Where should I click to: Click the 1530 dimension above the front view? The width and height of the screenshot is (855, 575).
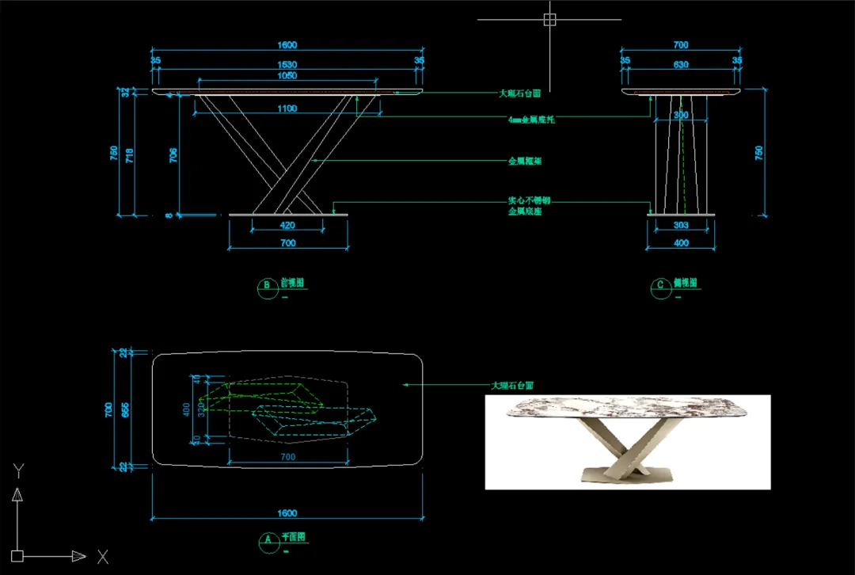pos(287,64)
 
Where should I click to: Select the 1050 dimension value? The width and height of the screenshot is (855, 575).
pos(287,76)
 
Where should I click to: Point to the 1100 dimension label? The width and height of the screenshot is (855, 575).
pos(287,109)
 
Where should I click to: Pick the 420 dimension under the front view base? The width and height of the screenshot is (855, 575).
pos(287,225)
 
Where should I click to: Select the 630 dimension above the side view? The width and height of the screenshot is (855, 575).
pos(681,64)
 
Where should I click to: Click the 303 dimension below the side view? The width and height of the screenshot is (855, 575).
pos(681,225)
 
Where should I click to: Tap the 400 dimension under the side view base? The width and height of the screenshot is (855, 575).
pos(681,243)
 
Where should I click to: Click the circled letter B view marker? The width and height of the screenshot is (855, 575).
pos(267,285)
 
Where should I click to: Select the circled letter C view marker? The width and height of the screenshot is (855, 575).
pos(659,285)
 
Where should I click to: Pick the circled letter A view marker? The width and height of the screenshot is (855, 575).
pos(267,540)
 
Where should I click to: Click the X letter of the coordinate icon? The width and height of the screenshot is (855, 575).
pos(103,557)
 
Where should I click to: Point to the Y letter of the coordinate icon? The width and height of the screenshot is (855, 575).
pos(17,470)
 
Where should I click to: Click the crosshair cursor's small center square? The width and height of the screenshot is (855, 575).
pos(549,20)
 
